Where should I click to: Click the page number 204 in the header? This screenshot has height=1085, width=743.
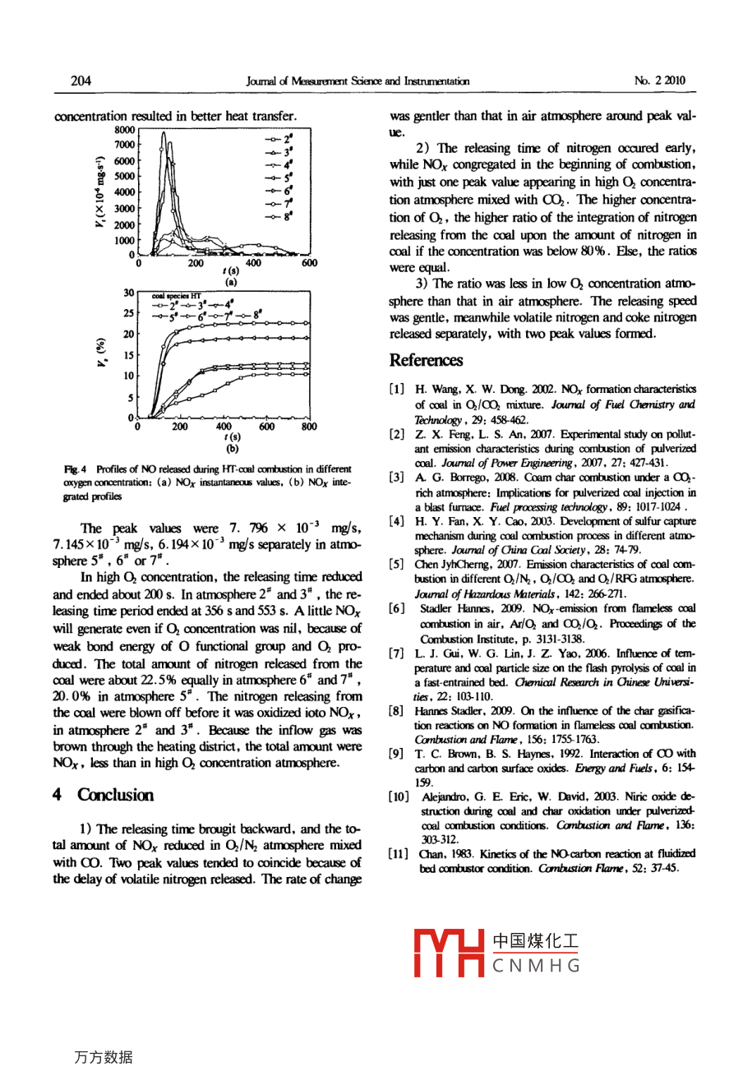click(x=81, y=81)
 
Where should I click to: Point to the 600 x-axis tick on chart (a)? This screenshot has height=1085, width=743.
click(x=310, y=264)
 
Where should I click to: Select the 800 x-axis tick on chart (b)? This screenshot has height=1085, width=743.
click(x=309, y=427)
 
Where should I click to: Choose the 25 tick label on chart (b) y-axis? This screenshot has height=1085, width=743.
click(x=129, y=313)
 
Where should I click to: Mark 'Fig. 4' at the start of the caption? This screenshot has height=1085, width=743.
click(x=72, y=469)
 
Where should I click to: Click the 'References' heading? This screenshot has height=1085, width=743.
click(x=426, y=360)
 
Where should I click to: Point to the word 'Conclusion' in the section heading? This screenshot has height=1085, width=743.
click(x=115, y=795)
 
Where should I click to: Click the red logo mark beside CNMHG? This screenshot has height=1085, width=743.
click(x=449, y=953)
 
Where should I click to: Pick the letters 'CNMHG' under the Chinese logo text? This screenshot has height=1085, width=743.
click(x=536, y=966)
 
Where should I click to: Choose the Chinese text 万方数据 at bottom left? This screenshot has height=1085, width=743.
click(x=103, y=1058)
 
